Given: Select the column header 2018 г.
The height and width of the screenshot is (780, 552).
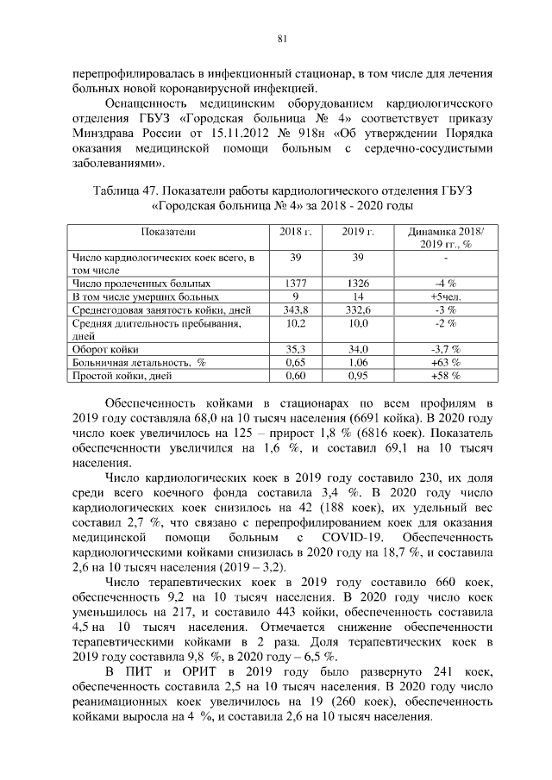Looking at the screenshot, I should coord(296,233).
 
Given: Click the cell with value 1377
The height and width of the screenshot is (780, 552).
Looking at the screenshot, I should coord(296,283).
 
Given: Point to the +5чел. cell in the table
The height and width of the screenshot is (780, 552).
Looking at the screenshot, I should coord(444,296).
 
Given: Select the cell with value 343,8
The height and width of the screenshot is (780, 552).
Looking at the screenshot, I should coord(296,309).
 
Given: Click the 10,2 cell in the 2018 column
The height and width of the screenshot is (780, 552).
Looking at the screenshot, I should coord(296,322).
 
